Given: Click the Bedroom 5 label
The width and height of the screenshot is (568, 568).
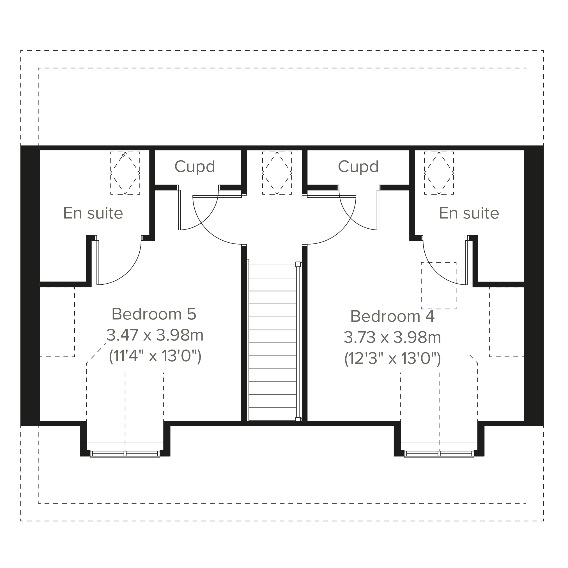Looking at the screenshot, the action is pyautogui.click(x=154, y=314).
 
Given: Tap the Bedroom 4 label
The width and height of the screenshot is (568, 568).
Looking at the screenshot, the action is pyautogui.click(x=392, y=317).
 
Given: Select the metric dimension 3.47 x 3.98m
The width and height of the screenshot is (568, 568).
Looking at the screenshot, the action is pyautogui.click(x=155, y=335).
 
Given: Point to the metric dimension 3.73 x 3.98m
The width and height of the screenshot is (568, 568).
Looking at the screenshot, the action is pyautogui.click(x=392, y=337).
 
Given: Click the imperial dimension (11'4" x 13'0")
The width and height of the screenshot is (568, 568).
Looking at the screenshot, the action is pyautogui.click(x=155, y=357).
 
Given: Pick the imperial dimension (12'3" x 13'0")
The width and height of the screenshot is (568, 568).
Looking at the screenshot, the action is pyautogui.click(x=392, y=359).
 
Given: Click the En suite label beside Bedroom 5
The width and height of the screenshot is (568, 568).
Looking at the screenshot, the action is pyautogui.click(x=93, y=213).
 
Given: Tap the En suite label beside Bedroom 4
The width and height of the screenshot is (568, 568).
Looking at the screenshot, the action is pyautogui.click(x=469, y=213).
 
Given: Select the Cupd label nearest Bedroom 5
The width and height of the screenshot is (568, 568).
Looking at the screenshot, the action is pyautogui.click(x=195, y=167).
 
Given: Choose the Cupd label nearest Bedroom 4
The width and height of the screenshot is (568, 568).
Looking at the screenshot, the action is pyautogui.click(x=358, y=167).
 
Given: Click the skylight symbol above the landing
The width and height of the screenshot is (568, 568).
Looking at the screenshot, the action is pyautogui.click(x=277, y=173).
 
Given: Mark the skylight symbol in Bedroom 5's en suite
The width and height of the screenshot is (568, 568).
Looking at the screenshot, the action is pyautogui.click(x=125, y=173).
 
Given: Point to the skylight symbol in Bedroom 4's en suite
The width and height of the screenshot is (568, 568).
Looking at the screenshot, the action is pyautogui.click(x=439, y=173).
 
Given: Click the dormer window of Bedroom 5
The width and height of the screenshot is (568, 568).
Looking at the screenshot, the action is pyautogui.click(x=125, y=454).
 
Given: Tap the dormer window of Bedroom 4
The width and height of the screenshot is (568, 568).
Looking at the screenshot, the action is pyautogui.click(x=439, y=454).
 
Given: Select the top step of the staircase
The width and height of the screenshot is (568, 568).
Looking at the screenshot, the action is pyautogui.click(x=273, y=272).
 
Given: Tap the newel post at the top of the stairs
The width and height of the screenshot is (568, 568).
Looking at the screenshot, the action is pyautogui.click(x=298, y=264).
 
